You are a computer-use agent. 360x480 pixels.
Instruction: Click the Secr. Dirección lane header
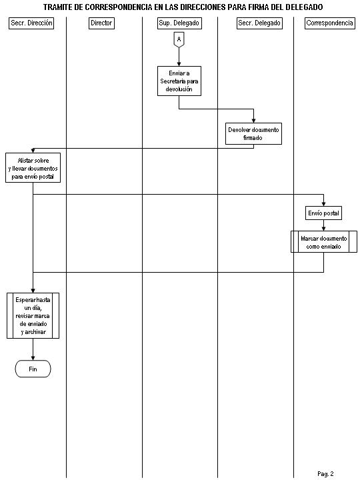pyautogui.click(x=31, y=23)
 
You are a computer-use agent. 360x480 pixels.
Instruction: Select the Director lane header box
pyautogui.click(x=101, y=23)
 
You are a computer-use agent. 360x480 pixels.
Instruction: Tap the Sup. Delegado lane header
pyautogui.click(x=179, y=23)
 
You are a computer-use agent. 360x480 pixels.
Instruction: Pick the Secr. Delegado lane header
pyautogui.click(x=259, y=23)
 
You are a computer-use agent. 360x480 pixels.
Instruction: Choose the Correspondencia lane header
pyautogui.click(x=330, y=23)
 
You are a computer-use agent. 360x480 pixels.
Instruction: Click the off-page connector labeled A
pyautogui.click(x=179, y=40)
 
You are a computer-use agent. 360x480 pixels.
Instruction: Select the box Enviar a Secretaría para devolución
pyautogui.click(x=179, y=81)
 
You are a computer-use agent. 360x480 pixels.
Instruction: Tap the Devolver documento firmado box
pyautogui.click(x=253, y=134)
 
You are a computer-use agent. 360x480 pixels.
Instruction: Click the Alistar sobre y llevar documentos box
pyautogui.click(x=33, y=168)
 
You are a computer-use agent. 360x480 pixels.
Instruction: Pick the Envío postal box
pyautogui.click(x=323, y=213)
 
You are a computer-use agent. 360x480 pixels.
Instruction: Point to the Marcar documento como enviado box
pyautogui.click(x=324, y=242)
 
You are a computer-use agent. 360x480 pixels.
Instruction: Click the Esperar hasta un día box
pyautogui.click(x=33, y=315)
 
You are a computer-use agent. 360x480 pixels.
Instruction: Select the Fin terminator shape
pyautogui.click(x=33, y=369)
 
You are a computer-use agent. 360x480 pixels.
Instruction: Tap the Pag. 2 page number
pyautogui.click(x=325, y=474)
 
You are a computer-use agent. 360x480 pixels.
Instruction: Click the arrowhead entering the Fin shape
pyautogui.click(x=33, y=358)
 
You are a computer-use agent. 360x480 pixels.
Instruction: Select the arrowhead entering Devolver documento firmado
pyautogui.click(x=253, y=121)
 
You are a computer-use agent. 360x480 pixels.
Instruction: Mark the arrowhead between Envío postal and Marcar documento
pyautogui.click(x=323, y=229)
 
